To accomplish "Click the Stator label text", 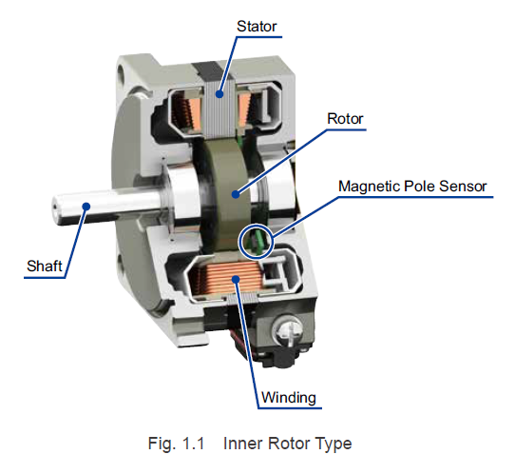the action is tap(257, 27).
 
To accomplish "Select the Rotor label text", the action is tap(345, 119).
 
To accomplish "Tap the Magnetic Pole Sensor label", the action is tap(412, 187).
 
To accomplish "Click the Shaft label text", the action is tap(45, 266).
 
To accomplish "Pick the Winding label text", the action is tap(288, 398).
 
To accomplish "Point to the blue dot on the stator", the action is tap(219, 94).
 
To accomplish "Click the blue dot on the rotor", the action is tap(236, 194).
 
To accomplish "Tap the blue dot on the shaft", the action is tap(86, 207).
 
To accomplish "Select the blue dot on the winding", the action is tap(236, 280).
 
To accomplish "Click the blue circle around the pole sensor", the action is tap(239, 242).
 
